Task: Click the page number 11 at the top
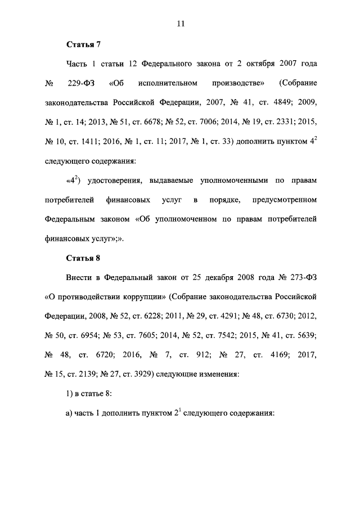point(180,24)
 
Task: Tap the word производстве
point(237,84)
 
